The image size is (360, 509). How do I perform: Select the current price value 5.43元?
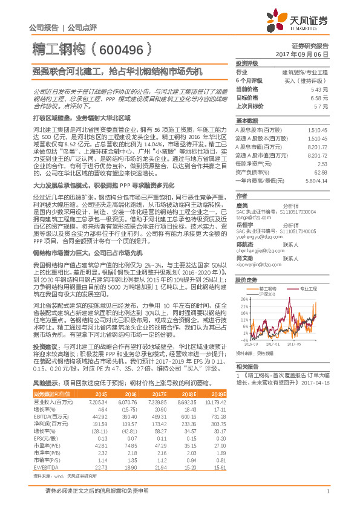tap(319, 89)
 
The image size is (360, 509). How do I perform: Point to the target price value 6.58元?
tap(319, 97)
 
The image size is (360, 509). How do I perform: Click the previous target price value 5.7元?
tap(321, 106)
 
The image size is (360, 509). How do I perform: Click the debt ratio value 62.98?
tap(321, 172)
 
